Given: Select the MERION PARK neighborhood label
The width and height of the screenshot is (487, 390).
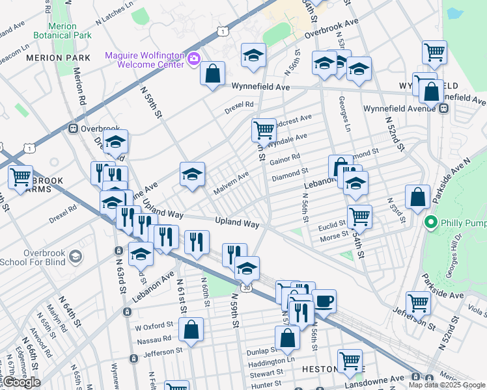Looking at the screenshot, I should (58, 58).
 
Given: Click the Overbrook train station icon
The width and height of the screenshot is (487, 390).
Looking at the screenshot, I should (74, 128).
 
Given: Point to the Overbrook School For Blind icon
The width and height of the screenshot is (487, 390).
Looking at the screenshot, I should (76, 257).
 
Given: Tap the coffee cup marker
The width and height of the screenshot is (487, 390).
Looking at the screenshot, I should (324, 301).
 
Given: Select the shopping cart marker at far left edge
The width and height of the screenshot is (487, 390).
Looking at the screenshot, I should (20, 176).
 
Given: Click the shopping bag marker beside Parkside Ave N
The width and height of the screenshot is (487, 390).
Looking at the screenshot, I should (417, 196).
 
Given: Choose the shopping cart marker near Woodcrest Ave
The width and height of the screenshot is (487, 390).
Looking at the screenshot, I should (264, 129).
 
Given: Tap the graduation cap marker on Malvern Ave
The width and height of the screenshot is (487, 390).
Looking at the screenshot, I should (192, 174).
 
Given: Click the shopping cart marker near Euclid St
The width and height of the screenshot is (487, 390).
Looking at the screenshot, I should (359, 216).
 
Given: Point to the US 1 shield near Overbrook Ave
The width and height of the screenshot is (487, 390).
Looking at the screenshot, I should (223, 31).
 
